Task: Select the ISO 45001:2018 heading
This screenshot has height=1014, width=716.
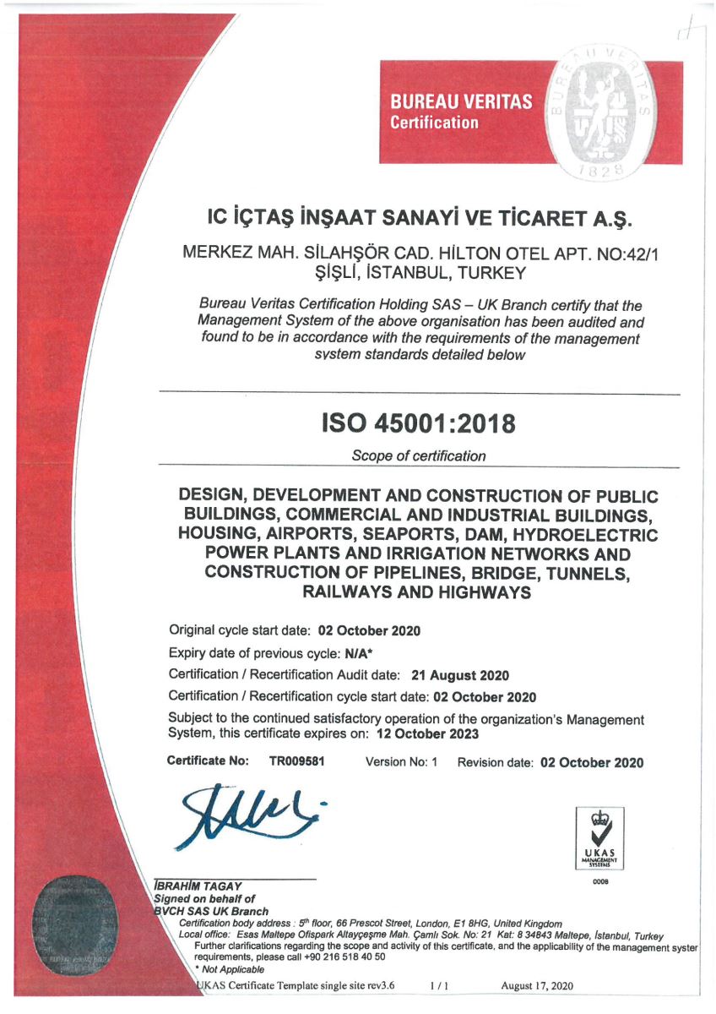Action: click(419, 422)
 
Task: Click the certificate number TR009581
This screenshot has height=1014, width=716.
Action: click(297, 761)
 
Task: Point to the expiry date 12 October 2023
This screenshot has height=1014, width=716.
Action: click(428, 733)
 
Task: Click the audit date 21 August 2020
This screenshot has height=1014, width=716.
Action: click(459, 675)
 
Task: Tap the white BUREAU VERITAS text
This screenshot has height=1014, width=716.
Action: click(460, 102)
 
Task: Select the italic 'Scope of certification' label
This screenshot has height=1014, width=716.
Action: click(419, 456)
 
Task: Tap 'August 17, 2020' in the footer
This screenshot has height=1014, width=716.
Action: click(537, 985)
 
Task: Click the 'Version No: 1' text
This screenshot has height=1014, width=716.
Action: click(401, 762)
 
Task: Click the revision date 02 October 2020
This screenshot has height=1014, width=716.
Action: click(591, 762)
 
